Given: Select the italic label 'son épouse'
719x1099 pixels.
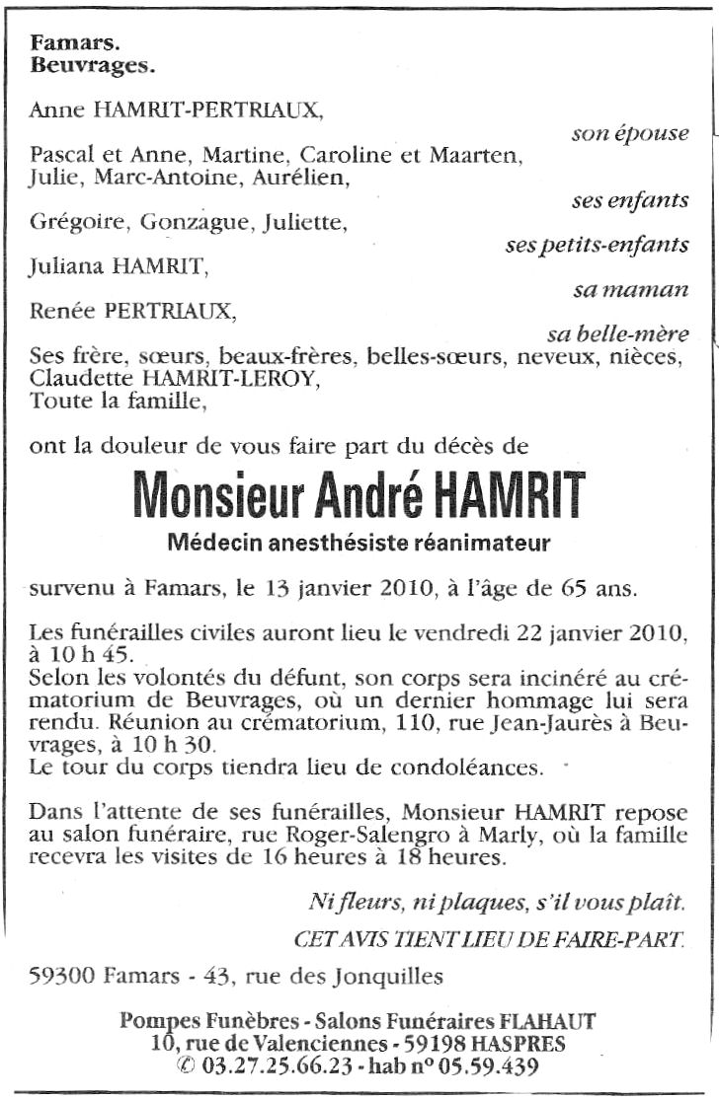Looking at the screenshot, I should tap(630, 133).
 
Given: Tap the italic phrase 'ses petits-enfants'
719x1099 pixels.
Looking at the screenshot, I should tap(597, 245).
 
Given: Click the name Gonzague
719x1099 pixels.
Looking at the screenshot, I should tap(196, 222).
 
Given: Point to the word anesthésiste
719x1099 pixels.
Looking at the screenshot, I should tap(352, 542).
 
